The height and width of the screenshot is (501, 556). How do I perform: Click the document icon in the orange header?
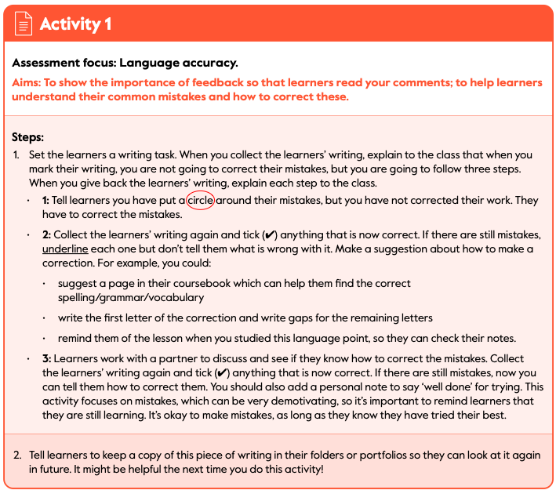24,24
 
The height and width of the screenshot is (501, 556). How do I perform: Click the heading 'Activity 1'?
75,24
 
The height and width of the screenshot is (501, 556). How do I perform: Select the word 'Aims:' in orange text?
27,83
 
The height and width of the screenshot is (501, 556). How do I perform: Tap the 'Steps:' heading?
28,136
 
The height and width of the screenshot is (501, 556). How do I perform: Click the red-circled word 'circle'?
200,200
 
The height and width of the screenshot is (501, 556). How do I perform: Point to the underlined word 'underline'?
65,249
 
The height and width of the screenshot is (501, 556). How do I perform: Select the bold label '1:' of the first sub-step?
46,200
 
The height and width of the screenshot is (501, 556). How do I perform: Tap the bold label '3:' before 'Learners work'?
46,358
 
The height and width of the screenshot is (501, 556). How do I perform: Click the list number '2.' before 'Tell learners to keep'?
17,455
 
